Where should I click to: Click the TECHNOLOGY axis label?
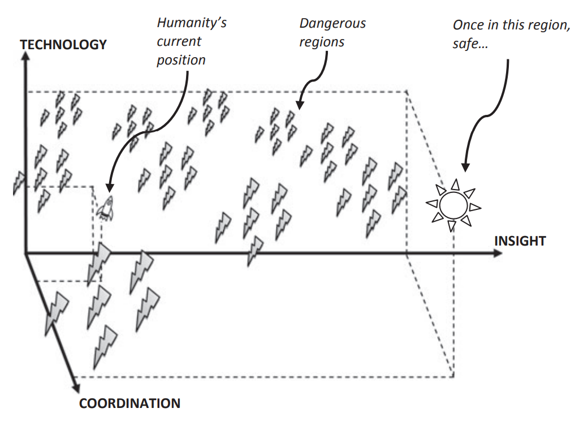pos(63,45)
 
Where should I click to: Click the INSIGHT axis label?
pos(520,242)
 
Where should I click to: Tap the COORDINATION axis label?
pos(129,404)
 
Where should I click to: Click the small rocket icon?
pos(105,208)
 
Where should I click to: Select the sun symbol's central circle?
pos(452,204)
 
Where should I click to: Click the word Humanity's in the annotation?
pos(192,24)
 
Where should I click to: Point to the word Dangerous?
pos(332,24)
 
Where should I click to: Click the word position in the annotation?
pos(182,60)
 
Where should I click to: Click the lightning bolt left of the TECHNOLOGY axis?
pos(19,181)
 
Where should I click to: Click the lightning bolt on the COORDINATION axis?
pos(58,310)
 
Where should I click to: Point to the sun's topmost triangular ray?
pos(454,184)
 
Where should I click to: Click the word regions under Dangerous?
pos(322,42)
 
